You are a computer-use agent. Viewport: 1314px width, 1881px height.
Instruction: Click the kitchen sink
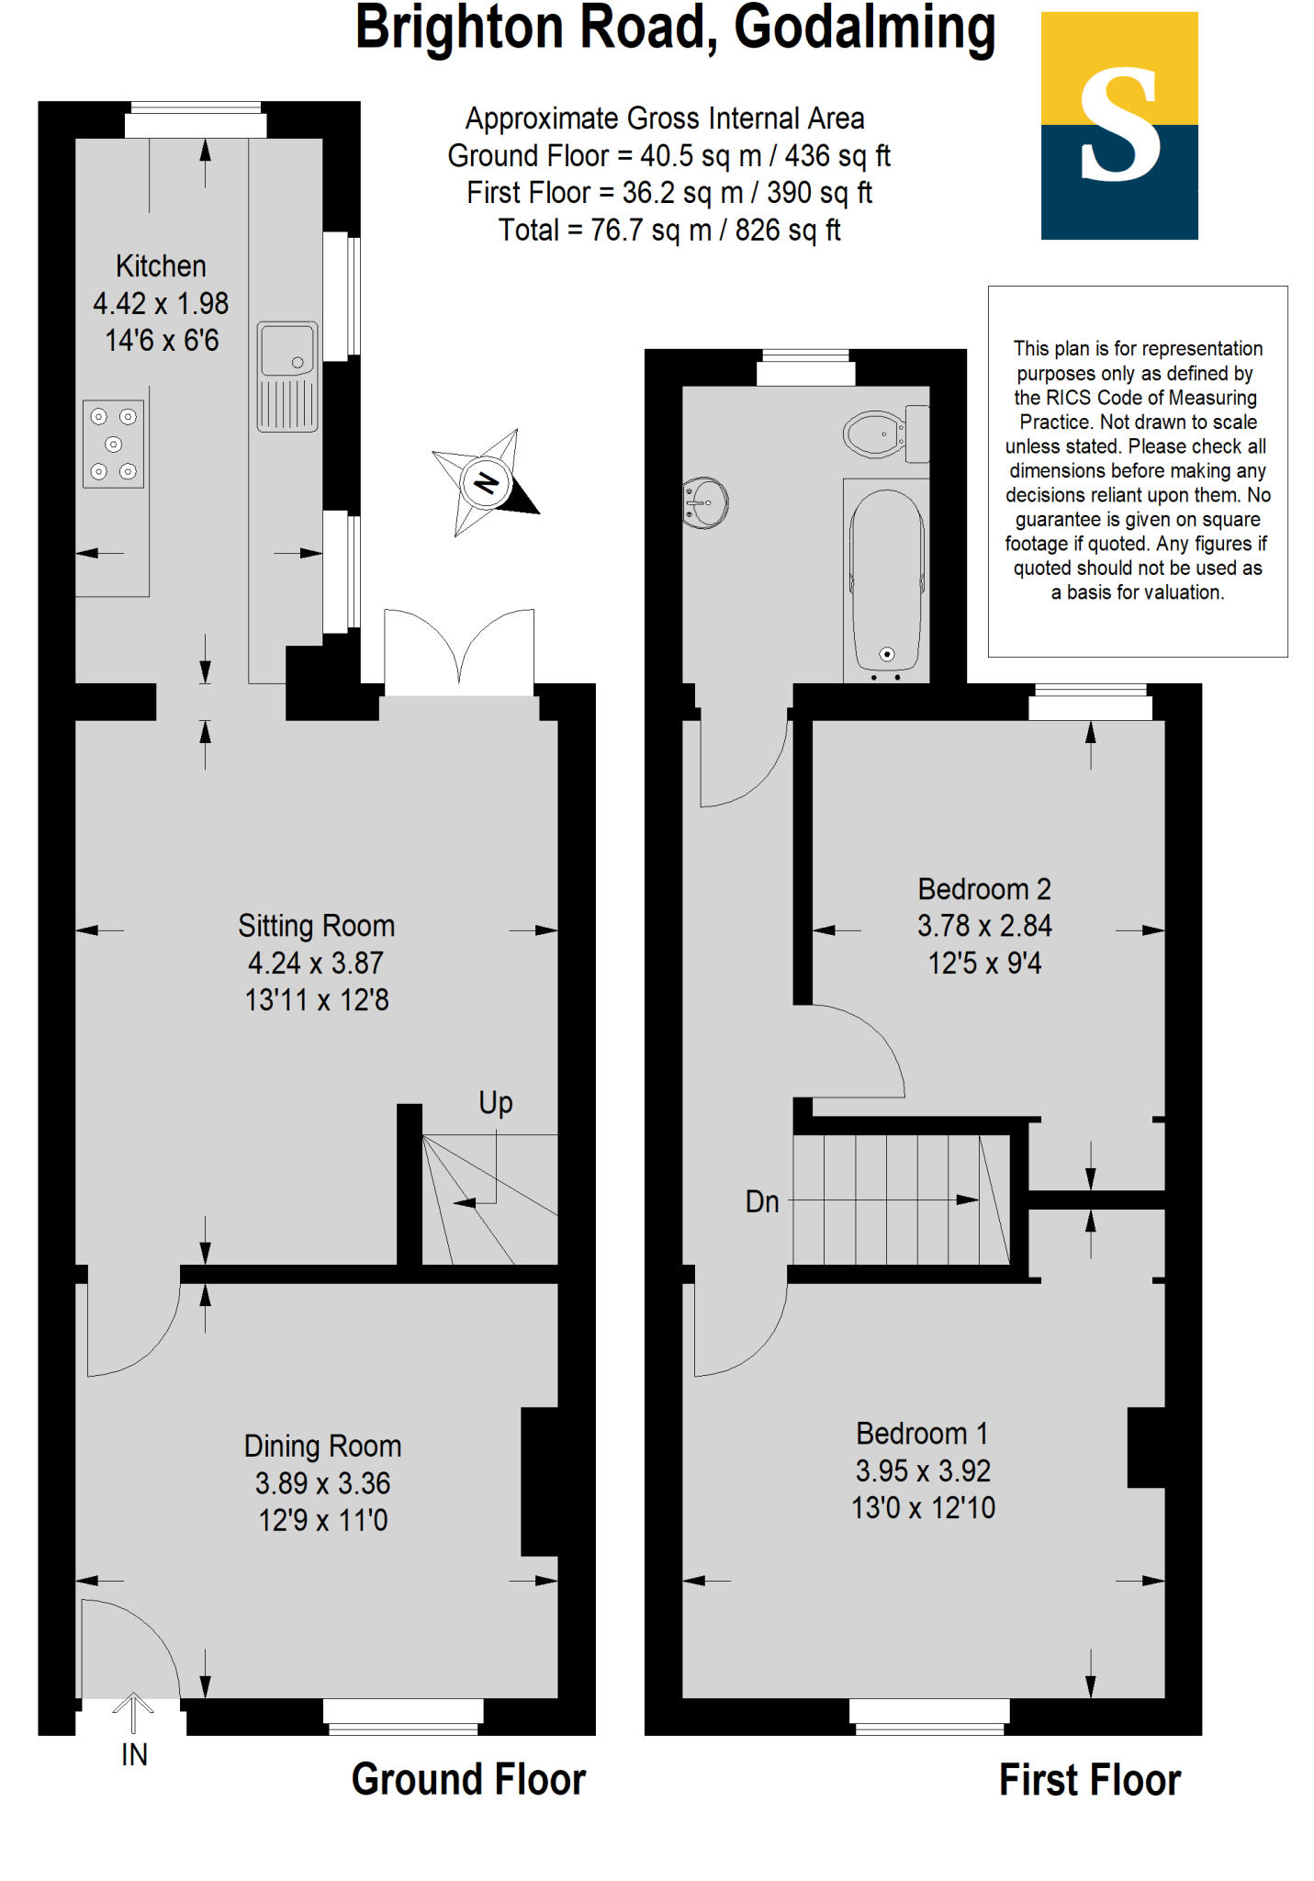287,376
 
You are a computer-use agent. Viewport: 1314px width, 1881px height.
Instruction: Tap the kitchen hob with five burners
113,444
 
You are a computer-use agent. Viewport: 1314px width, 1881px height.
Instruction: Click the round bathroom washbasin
707,502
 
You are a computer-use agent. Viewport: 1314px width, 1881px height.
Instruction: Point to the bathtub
886,580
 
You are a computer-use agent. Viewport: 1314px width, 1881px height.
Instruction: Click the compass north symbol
487,482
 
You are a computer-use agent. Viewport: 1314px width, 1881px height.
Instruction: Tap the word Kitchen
161,266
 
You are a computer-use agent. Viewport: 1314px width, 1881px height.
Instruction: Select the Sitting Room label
316,926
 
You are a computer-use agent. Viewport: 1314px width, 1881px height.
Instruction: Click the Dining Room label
322,1447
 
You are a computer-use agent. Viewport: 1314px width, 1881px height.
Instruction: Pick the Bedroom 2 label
984,889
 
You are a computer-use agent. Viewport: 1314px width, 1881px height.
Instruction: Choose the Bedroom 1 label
922,1434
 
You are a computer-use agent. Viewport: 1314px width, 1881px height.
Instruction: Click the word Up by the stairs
496,1102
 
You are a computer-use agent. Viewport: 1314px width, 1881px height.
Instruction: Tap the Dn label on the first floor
762,1201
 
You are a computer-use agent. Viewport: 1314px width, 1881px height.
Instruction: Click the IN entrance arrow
134,1714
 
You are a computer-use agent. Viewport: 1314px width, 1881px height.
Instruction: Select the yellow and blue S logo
1118,126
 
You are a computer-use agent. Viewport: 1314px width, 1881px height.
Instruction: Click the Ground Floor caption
468,1779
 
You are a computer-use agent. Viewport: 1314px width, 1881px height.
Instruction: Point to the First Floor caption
1089,1780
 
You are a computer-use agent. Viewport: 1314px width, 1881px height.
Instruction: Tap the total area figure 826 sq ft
787,230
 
